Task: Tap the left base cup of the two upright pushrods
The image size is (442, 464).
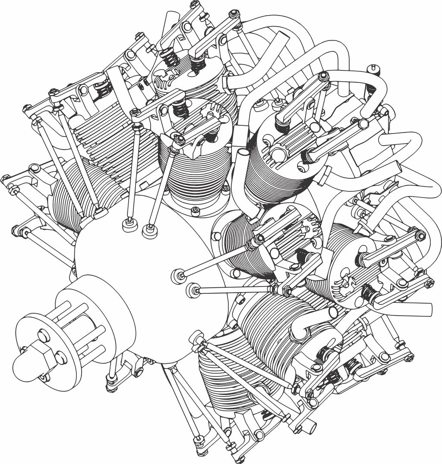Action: coord(127,225)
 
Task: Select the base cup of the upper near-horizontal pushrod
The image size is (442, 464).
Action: coord(177,276)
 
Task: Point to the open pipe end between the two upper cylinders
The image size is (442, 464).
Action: coord(243,153)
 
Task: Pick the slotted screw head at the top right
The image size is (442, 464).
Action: coord(374,70)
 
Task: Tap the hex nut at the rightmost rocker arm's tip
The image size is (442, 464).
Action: coord(429,283)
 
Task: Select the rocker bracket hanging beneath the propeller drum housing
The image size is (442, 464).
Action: coord(125,367)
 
